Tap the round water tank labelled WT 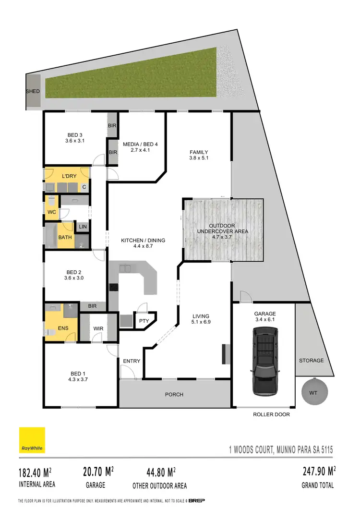(313, 393)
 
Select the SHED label (33, 91)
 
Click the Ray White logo (32, 440)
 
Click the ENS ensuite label (63, 328)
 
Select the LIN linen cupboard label (83, 227)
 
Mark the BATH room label (65, 237)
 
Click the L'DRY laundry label (70, 177)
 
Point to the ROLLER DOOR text (272, 414)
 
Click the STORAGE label (311, 361)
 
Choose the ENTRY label (132, 361)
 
